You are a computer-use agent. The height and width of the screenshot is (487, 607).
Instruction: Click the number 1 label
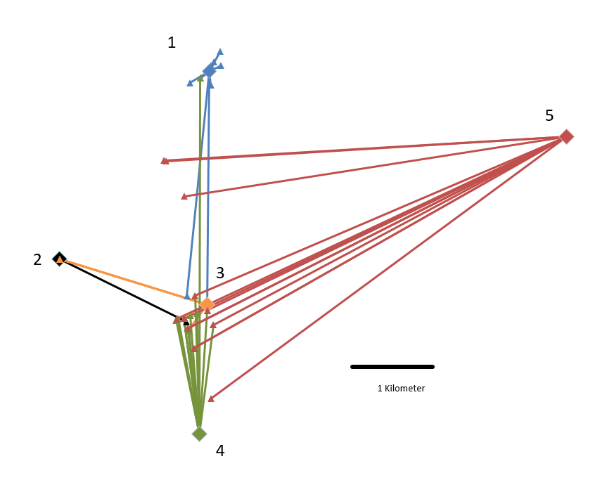[x=172, y=43]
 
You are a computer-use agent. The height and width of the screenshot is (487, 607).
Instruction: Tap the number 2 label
[x=37, y=260]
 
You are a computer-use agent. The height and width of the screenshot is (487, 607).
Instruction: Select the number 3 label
[x=220, y=273]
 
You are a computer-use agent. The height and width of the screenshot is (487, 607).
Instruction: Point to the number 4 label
[x=220, y=451]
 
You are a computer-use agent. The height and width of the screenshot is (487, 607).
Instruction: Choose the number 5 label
[x=549, y=115]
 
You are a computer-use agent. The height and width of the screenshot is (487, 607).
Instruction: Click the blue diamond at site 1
[x=209, y=71]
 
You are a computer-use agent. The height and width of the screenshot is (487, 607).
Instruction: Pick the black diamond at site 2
[x=59, y=259]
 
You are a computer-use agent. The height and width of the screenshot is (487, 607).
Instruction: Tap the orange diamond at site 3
[x=207, y=304]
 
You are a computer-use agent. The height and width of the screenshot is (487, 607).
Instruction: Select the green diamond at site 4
[x=199, y=434]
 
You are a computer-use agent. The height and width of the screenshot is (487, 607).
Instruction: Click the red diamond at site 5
[x=566, y=136]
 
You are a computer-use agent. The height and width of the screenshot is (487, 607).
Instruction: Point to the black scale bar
[x=392, y=366]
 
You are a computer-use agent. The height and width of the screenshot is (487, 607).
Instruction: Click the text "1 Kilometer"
[x=401, y=388]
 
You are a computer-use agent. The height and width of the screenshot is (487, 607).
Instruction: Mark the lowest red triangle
[x=210, y=399]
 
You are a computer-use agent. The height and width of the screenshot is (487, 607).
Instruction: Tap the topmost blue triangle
[x=220, y=52]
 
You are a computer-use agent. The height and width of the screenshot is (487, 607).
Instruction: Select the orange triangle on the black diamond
[x=60, y=260]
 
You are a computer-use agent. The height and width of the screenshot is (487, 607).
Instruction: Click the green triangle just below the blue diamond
[x=200, y=79]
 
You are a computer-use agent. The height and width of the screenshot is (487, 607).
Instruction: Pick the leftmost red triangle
[x=164, y=161]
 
